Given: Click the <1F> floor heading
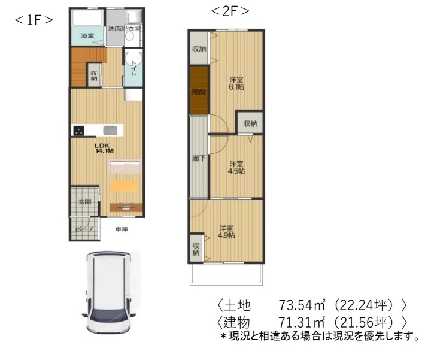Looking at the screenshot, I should click(x=34, y=19).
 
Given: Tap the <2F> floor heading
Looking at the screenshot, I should click(x=230, y=11).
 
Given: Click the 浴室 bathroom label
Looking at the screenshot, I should click(x=87, y=36).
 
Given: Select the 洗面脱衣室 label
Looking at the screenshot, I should click(x=124, y=29).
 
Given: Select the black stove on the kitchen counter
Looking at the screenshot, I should click(x=78, y=131).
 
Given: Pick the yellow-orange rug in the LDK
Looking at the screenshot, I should click(x=125, y=186).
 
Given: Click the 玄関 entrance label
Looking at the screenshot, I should click(x=84, y=202).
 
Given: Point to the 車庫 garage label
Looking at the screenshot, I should click(x=122, y=229).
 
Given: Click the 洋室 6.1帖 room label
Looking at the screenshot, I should click(x=237, y=83).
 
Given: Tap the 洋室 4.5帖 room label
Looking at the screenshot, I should click(x=236, y=167).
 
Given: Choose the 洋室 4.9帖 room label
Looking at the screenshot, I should click(x=226, y=231).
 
